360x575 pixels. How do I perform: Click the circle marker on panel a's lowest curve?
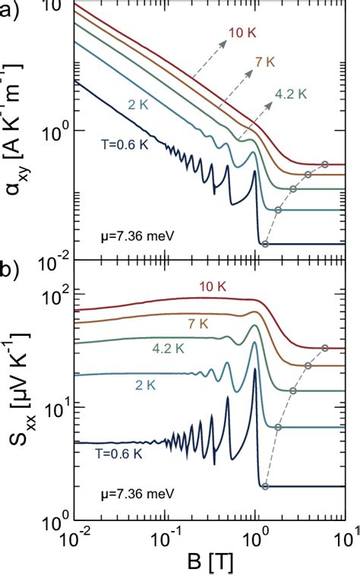(x=265, y=244)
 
